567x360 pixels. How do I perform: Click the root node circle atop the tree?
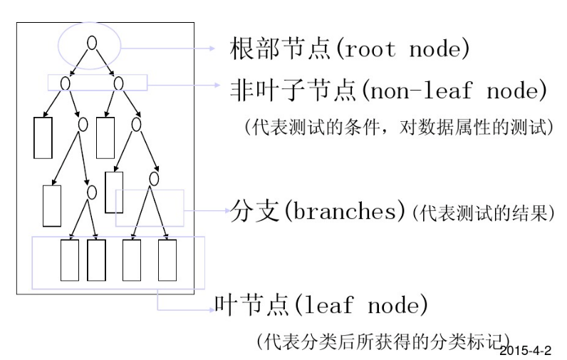pyautogui.click(x=91, y=42)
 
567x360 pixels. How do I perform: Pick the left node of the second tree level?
pyautogui.click(x=65, y=83)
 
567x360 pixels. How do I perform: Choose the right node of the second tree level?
pyautogui.click(x=118, y=83)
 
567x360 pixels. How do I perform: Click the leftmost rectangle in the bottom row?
pyautogui.click(x=69, y=260)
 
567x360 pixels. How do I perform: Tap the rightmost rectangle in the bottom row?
pyautogui.click(x=167, y=260)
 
